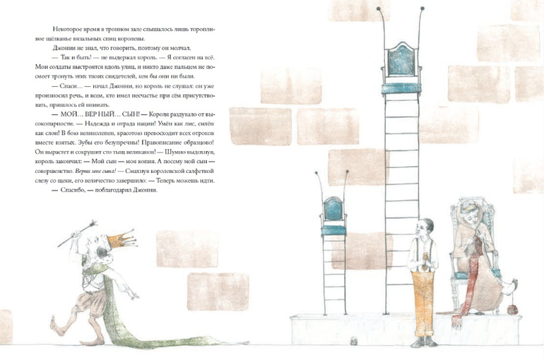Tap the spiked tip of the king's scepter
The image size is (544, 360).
pos(93,224)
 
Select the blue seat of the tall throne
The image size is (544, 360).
pos(401,88)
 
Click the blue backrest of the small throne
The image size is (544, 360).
pos(333,210)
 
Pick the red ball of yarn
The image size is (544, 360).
pos(512,309)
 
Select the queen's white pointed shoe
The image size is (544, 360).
pos(509,286)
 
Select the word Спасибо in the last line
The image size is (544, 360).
pos(73,190)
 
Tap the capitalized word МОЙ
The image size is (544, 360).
pos(68,114)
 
